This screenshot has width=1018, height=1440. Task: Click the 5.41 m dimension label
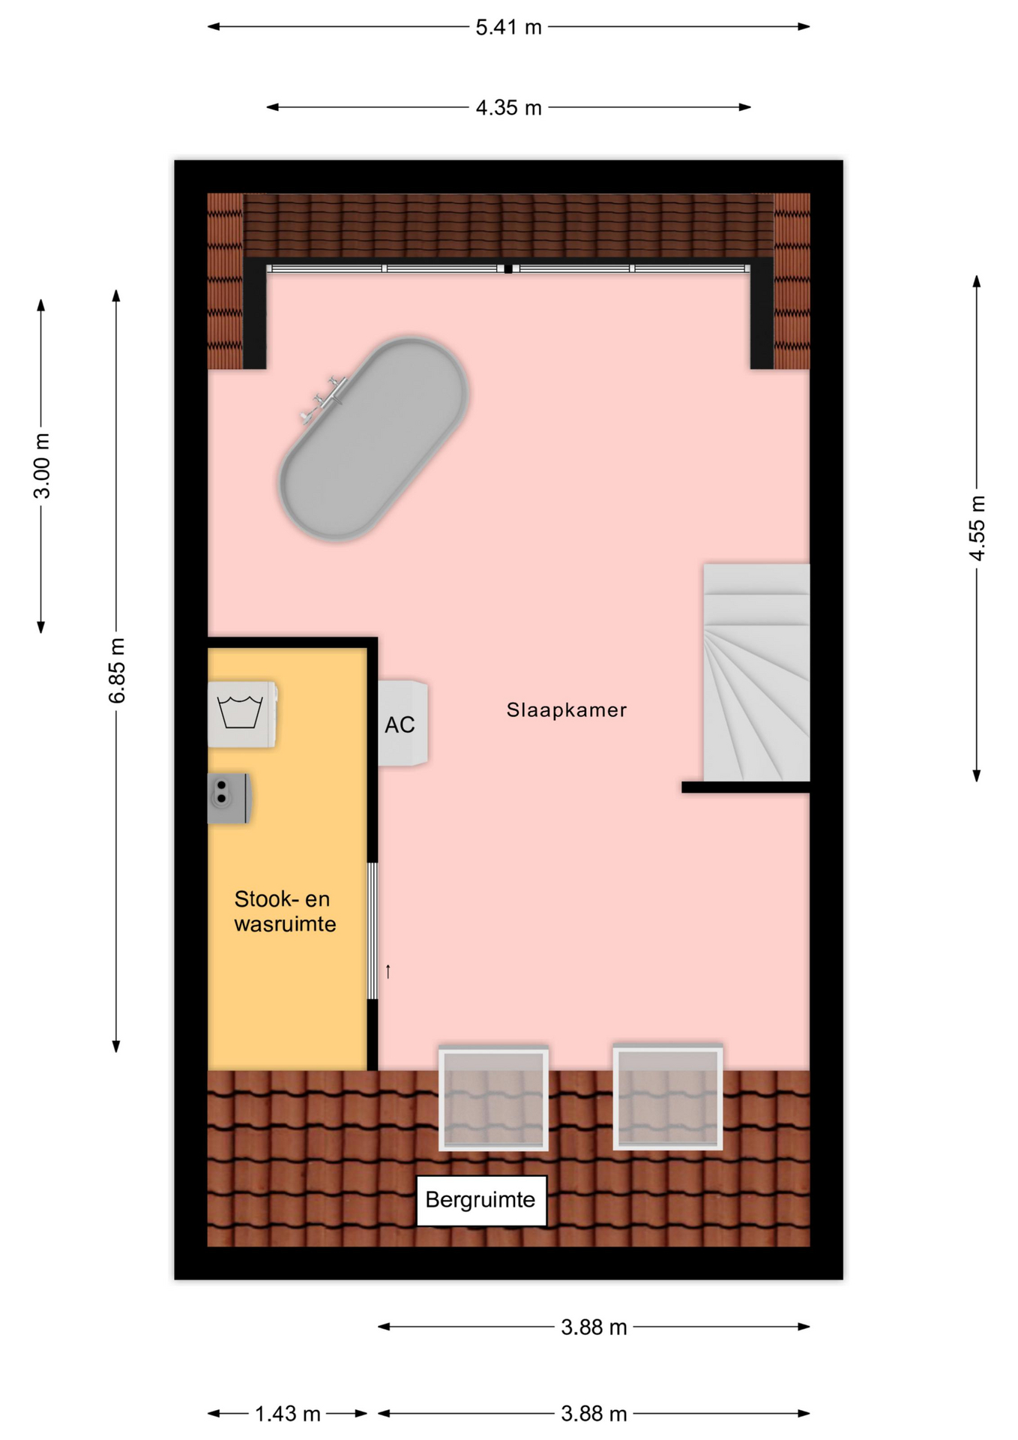pos(508,28)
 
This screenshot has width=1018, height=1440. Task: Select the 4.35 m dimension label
pos(508,108)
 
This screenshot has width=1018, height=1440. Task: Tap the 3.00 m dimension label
pos(42,466)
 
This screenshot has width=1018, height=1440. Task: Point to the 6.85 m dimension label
pos(117,670)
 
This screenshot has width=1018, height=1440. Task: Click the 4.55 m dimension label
pos(977,528)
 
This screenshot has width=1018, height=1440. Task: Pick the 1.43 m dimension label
pos(287,1414)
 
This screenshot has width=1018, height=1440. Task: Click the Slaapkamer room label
pos(566,710)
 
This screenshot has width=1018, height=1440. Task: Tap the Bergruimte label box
pos(481,1200)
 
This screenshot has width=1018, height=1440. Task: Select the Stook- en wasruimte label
pos(285,911)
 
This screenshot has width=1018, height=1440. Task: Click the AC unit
pos(403,724)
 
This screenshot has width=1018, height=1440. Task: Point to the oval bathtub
pos(374,439)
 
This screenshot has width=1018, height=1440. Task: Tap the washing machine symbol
pos(242,714)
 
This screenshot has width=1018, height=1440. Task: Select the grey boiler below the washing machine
pos(229,799)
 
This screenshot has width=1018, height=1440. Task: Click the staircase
pos(756,673)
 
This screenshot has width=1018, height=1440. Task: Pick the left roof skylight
pos(493,1098)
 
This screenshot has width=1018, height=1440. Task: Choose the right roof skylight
pos(668,1097)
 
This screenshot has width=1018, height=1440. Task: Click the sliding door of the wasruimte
pos(372,931)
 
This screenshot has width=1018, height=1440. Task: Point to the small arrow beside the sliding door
pos(388,972)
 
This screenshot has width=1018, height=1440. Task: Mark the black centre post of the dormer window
pos(508,268)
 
